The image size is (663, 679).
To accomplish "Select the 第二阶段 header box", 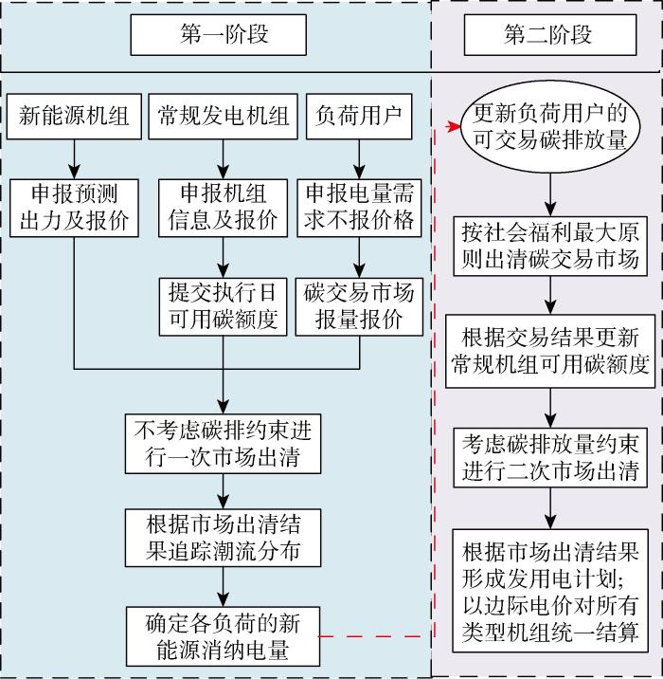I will coord(548,35).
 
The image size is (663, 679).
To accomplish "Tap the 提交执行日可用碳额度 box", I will coord(224,304).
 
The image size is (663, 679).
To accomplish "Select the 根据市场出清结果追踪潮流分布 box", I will coord(224,537).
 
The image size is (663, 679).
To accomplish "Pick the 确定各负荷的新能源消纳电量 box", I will coord(224,635).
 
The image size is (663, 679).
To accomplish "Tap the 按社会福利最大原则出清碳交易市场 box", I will coord(549,246).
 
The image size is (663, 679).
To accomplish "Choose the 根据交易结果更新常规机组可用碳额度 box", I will coord(549,351).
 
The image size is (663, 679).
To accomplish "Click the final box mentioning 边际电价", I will coord(549,592).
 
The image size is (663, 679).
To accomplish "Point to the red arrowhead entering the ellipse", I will coord(454,128).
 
